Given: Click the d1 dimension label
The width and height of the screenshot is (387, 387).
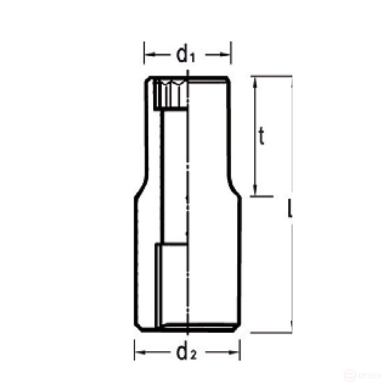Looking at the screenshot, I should point(186,55).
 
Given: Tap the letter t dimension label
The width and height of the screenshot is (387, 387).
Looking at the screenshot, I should point(261,137).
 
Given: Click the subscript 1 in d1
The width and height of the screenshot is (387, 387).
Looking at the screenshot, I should point(192,58).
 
